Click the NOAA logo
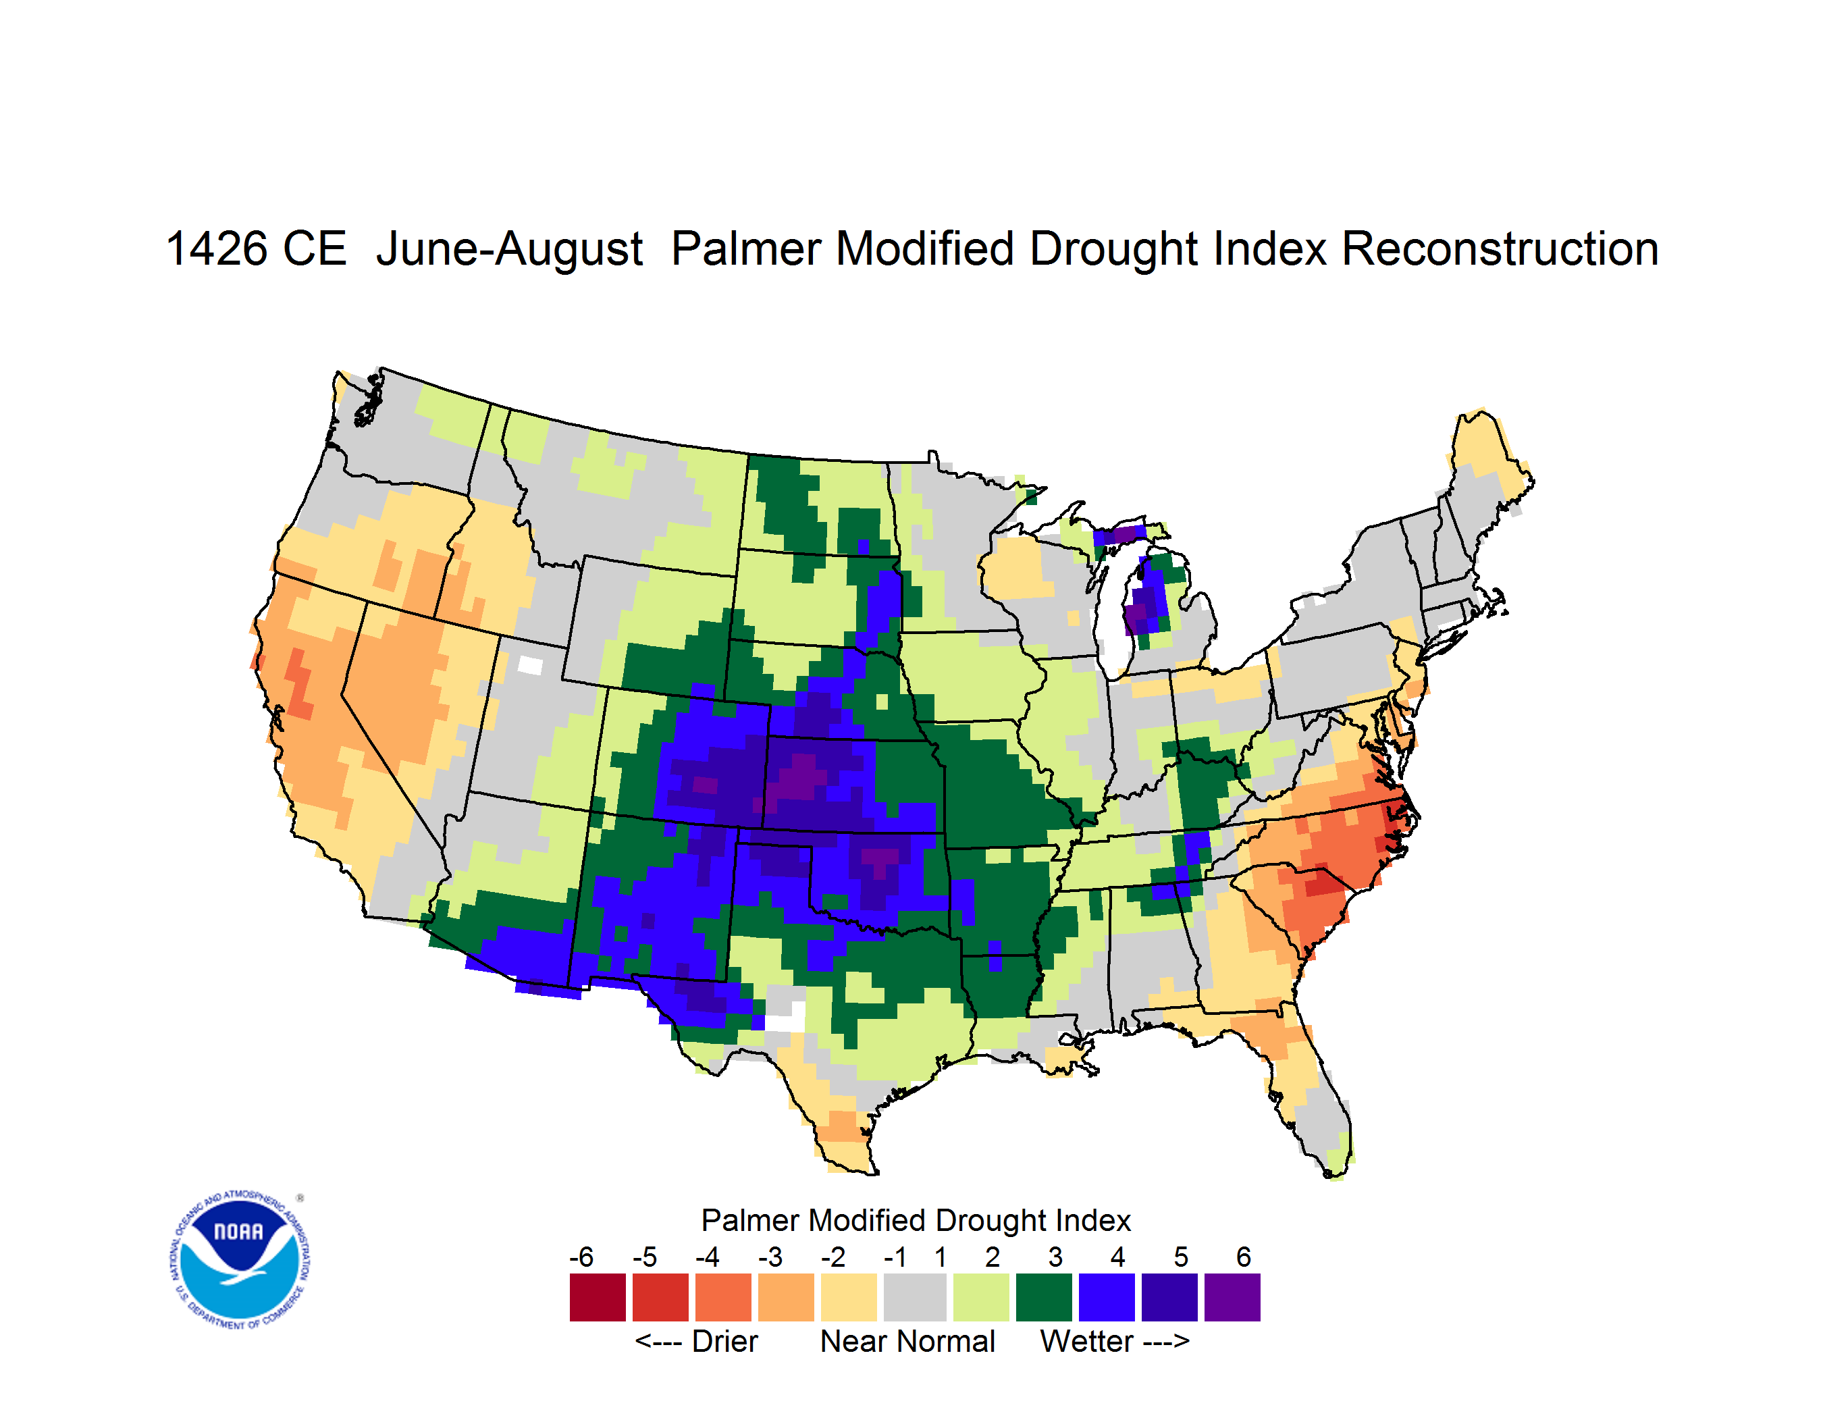pyautogui.click(x=240, y=1259)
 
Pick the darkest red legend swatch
pyautogui.click(x=598, y=1297)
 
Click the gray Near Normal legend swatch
pyautogui.click(x=915, y=1297)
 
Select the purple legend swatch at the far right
pyautogui.click(x=1232, y=1297)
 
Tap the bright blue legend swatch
pyautogui.click(x=1107, y=1297)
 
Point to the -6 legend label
pyautogui.click(x=582, y=1257)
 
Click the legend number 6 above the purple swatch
pyautogui.click(x=1244, y=1257)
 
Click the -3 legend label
pyautogui.click(x=770, y=1257)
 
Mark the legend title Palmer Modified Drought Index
pyautogui.click(x=916, y=1220)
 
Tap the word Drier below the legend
pyautogui.click(x=724, y=1341)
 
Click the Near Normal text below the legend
pyautogui.click(x=908, y=1341)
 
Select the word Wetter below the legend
pyautogui.click(x=1087, y=1341)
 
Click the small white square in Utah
pyautogui.click(x=530, y=665)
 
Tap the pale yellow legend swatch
pyautogui.click(x=848, y=1297)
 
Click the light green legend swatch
pyautogui.click(x=981, y=1297)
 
